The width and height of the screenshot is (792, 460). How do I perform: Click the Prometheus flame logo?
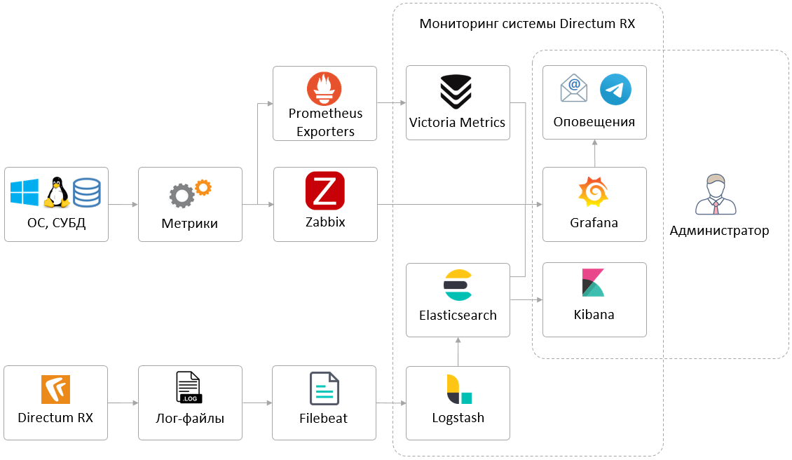pyautogui.click(x=324, y=88)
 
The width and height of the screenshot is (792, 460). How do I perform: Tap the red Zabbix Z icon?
pyautogui.click(x=325, y=190)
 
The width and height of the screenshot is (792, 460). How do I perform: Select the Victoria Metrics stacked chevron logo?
pyautogui.click(x=456, y=91)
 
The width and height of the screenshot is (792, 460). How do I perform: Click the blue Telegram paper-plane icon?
pyautogui.click(x=615, y=90)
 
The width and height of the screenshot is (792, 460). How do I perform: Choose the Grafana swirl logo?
pyautogui.click(x=593, y=193)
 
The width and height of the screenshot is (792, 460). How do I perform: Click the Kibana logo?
pyautogui.click(x=593, y=283)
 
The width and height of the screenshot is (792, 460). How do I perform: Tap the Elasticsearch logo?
pyautogui.click(x=457, y=285)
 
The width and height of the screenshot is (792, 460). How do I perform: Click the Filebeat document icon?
pyautogui.click(x=325, y=388)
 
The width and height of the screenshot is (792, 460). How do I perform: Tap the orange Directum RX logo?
pyautogui.click(x=55, y=389)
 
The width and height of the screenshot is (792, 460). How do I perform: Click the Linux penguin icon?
pyautogui.click(x=56, y=192)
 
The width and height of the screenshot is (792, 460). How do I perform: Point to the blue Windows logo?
pyautogui.click(x=25, y=192)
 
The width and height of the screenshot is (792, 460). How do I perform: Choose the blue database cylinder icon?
pyautogui.click(x=87, y=192)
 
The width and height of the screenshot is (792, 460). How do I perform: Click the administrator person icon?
pyautogui.click(x=716, y=195)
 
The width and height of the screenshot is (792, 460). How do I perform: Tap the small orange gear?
pyautogui.click(x=203, y=187)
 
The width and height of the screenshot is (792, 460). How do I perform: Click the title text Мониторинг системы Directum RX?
pyautogui.click(x=527, y=24)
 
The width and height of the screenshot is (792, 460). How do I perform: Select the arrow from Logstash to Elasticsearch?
pyautogui.click(x=458, y=351)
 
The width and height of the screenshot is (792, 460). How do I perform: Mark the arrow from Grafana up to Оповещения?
pyautogui.click(x=594, y=154)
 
